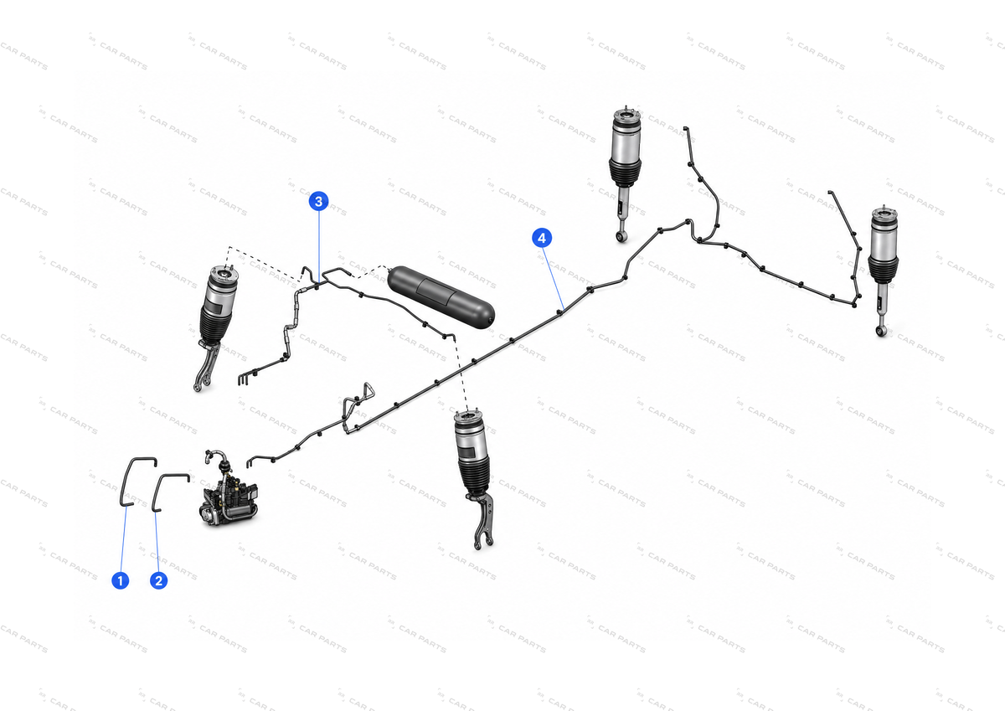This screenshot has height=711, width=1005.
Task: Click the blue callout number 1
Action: pos(121,580)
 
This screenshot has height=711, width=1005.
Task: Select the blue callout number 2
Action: pos(158,580)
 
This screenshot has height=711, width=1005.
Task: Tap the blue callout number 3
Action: pos(318,202)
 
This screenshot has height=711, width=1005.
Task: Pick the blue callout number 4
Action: pos(542,238)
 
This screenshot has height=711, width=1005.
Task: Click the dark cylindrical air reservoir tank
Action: pos(441,297)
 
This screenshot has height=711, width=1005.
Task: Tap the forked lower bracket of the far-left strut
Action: pos(206,366)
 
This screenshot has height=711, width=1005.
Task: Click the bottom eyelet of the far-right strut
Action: pos(880,332)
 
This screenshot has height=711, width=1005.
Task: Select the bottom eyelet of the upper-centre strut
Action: pos(621,236)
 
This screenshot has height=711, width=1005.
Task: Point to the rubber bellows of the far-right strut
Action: pos(883,270)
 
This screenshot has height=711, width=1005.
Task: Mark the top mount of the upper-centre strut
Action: pos(626,115)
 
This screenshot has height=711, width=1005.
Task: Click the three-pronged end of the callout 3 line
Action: pos(243,379)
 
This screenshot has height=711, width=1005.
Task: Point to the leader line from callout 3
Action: pos(318,247)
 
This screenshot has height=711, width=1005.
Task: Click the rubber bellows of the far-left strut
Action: pos(217,321)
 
